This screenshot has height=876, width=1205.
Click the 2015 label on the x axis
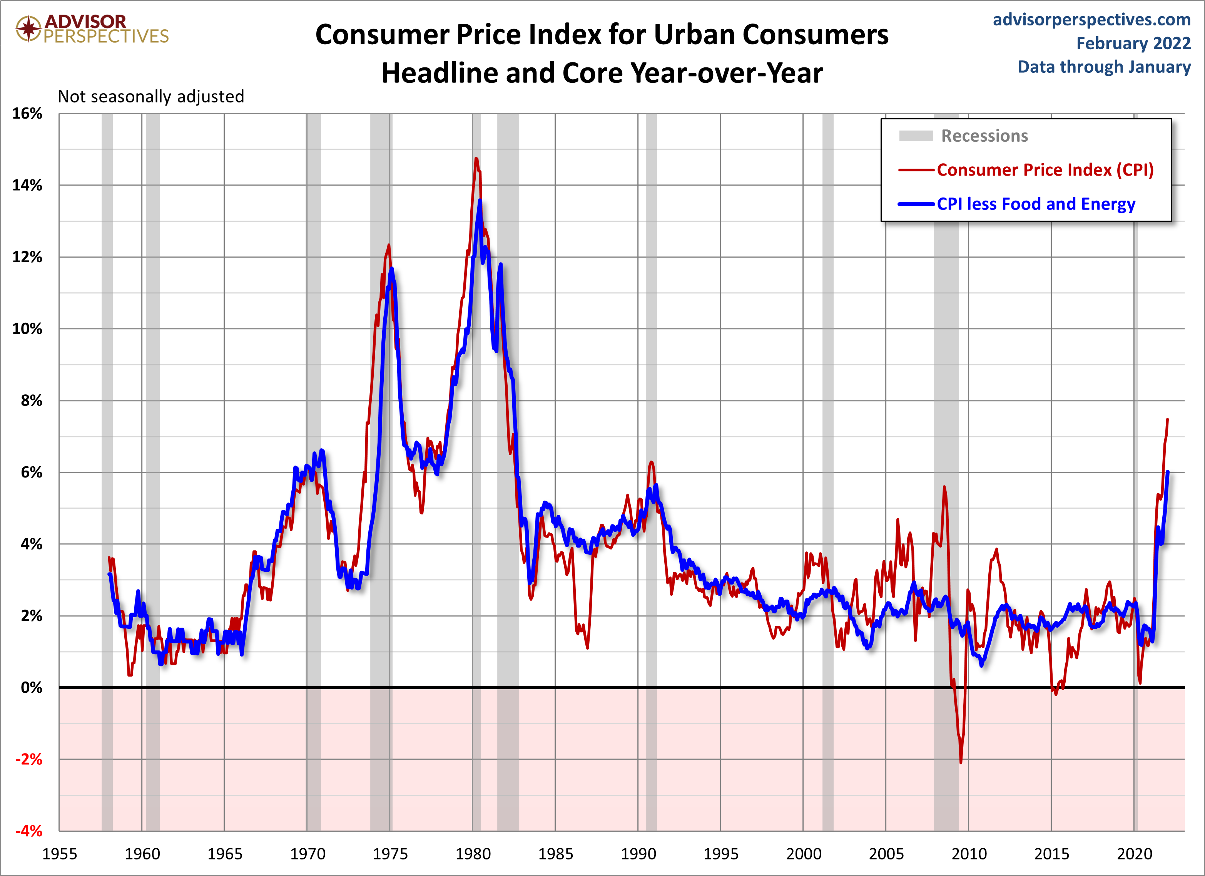1051,854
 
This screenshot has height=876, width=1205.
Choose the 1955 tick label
60,854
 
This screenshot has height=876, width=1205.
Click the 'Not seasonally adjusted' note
151,97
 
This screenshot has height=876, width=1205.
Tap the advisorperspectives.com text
1091,20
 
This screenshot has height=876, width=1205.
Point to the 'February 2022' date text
1133,44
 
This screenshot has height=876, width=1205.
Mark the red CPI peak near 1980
476,158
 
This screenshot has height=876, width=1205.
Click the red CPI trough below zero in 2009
961,763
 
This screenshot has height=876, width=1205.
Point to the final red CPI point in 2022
1167,419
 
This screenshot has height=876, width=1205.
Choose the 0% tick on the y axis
31,688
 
